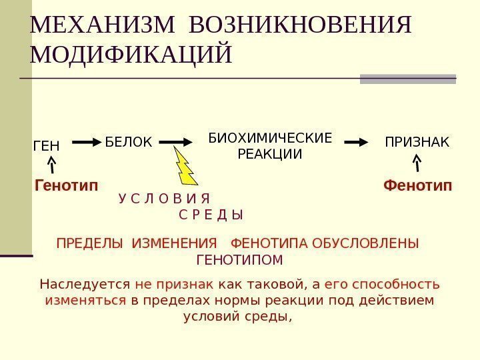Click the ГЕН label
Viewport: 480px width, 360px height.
[x=46, y=145]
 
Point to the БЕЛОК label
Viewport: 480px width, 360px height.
[x=129, y=142]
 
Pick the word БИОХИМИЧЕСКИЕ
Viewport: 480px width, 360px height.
[x=270, y=139]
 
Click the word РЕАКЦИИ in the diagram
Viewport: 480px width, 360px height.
[x=270, y=155]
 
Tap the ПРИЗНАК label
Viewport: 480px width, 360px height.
[x=417, y=142]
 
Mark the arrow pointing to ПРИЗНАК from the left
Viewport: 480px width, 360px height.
[x=359, y=142]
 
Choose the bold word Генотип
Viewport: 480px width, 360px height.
[x=65, y=185]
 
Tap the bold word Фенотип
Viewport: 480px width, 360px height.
[x=417, y=185]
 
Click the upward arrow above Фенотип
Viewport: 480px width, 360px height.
[x=417, y=164]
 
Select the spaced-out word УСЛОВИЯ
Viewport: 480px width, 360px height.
[x=164, y=199]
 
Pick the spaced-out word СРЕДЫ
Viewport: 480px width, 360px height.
[x=211, y=215]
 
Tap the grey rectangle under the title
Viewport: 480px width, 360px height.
[x=407, y=79]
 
